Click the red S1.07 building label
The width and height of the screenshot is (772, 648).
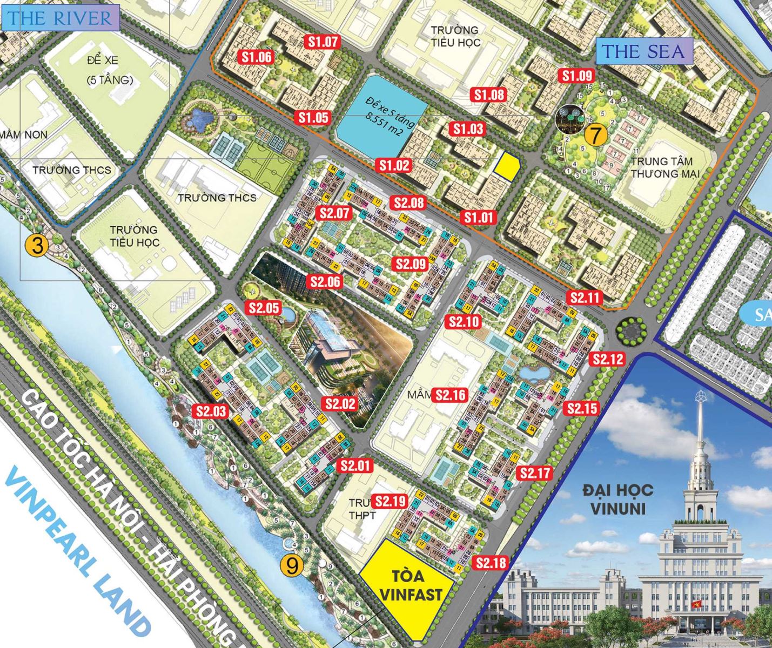coord(323,42)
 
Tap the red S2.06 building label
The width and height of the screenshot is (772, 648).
coord(326,281)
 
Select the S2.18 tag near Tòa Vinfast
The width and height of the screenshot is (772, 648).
coord(491,563)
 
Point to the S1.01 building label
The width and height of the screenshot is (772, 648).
coord(479,217)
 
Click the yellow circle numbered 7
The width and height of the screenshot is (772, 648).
coord(594,135)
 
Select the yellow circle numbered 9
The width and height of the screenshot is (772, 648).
coord(292,565)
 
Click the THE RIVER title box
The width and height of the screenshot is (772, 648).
coord(59,18)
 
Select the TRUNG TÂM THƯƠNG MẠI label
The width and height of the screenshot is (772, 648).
coord(664,167)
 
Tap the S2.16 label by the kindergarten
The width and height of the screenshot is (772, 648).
coord(451,395)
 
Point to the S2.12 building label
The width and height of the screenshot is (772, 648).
coord(608,359)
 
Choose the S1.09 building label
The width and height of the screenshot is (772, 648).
coord(577,76)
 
